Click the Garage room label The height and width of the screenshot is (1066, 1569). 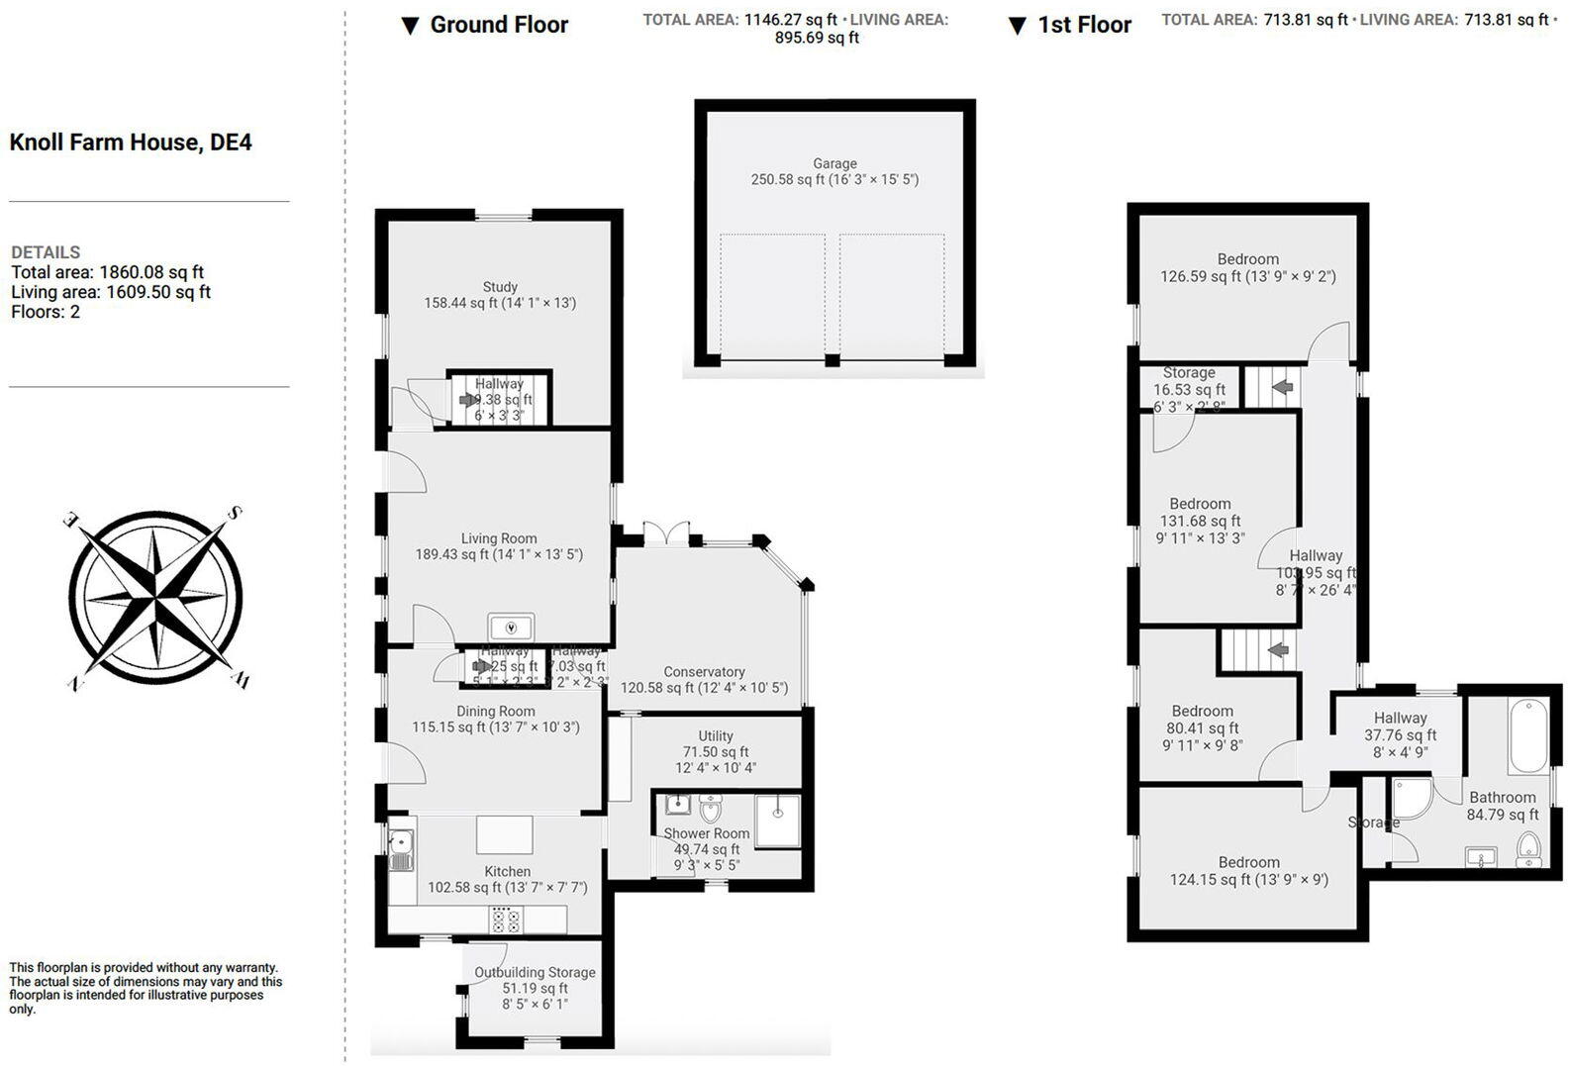(x=834, y=164)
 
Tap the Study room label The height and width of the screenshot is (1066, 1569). (x=500, y=287)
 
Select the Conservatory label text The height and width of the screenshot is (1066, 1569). (x=704, y=672)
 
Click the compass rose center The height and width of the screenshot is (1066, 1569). (x=155, y=597)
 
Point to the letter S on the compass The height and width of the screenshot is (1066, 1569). (x=236, y=514)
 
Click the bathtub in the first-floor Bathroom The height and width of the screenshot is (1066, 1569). (x=1528, y=736)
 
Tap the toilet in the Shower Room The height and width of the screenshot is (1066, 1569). (x=711, y=810)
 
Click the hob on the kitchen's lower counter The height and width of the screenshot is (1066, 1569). (x=506, y=921)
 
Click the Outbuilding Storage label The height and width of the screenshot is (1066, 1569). (x=535, y=973)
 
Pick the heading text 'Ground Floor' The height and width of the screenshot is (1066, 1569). (x=499, y=25)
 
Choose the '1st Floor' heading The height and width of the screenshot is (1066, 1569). (x=1084, y=26)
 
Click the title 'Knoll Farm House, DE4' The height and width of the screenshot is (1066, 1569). (x=131, y=143)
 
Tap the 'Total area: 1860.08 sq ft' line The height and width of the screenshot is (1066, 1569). (x=108, y=272)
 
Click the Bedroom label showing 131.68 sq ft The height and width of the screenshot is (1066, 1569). (x=1200, y=504)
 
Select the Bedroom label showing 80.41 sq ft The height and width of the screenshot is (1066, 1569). (x=1202, y=711)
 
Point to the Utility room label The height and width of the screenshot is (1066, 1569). (x=715, y=736)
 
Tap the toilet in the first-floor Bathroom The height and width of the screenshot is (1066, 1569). (x=1529, y=848)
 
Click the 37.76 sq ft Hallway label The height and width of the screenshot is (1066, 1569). (x=1400, y=719)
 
